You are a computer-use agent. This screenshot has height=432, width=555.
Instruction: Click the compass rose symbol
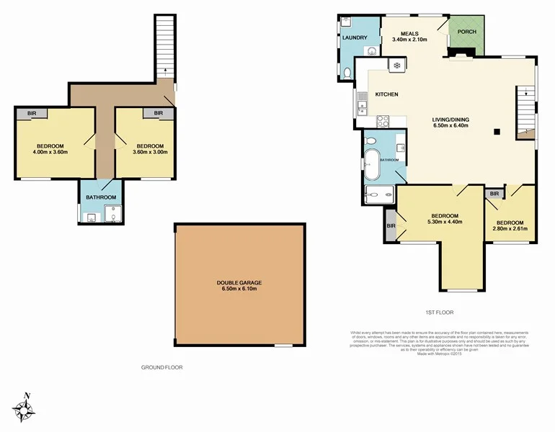point(27,409)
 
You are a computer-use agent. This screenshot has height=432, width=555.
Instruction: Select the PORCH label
point(466,32)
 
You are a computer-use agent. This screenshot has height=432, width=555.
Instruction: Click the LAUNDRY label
point(355,37)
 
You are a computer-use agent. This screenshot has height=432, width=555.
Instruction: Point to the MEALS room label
point(409,32)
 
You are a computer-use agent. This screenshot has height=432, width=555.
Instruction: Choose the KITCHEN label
point(387,94)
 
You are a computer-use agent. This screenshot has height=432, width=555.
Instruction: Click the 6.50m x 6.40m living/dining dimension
point(450,125)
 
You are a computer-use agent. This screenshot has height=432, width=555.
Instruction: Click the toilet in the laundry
point(347,71)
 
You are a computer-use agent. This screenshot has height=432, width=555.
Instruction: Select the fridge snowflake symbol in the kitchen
point(396,66)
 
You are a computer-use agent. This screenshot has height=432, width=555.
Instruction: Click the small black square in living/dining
point(496,131)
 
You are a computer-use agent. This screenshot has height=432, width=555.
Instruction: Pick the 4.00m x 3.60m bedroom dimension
point(50,152)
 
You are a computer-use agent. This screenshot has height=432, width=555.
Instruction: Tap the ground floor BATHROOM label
point(101,197)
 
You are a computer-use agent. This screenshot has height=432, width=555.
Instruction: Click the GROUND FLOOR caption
point(161,367)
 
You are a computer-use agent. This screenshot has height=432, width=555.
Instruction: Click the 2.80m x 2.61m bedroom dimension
point(510,229)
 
